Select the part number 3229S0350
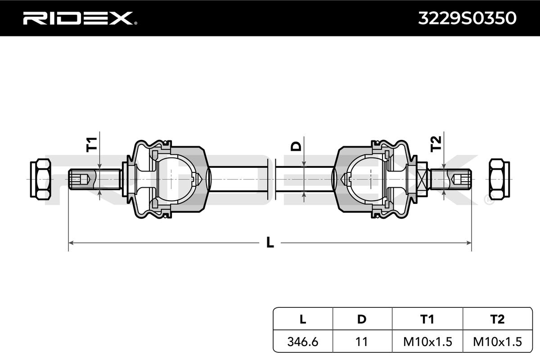[467, 18]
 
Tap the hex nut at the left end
[40, 179]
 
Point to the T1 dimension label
[92, 144]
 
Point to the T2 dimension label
[436, 144]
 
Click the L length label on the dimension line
[270, 243]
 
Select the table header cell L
[303, 319]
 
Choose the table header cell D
[362, 319]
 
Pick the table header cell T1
[427, 319]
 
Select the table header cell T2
[497, 319]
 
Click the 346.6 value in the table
[303, 342]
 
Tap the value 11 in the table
[362, 342]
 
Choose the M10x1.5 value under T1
[427, 342]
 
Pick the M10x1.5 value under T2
[497, 342]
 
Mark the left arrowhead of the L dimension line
[71, 243]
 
